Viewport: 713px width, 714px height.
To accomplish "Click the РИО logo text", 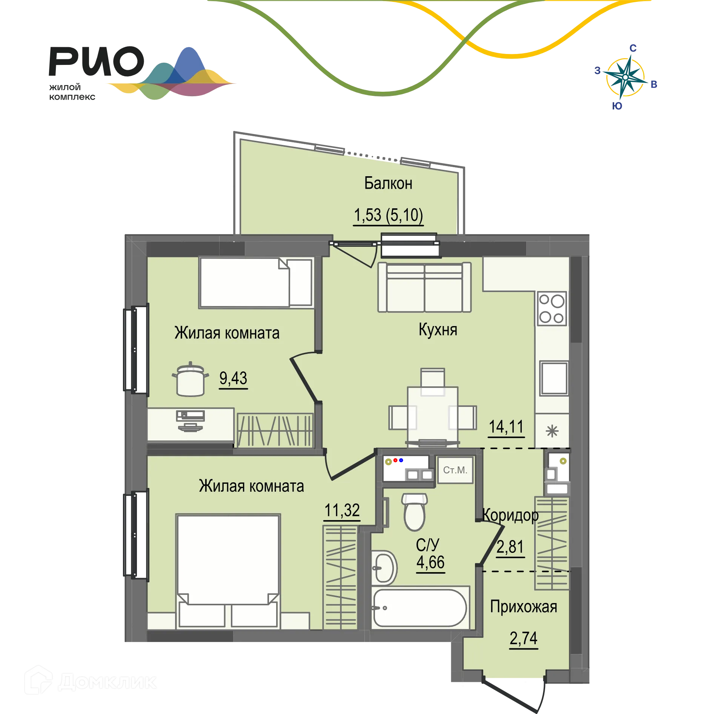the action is pyautogui.click(x=96, y=62).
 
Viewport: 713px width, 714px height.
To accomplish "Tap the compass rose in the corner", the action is pyautogui.click(x=625, y=77).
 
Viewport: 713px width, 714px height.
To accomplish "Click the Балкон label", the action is pyautogui.click(x=388, y=183).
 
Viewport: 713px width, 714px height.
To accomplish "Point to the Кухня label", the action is pyautogui.click(x=438, y=330).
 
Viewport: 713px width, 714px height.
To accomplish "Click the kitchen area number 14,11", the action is pyautogui.click(x=506, y=427).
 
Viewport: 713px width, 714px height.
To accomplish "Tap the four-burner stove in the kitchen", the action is pyautogui.click(x=552, y=309).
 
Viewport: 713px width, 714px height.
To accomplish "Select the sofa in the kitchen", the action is pyautogui.click(x=425, y=287).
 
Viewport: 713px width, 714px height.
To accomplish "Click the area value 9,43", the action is pyautogui.click(x=233, y=378).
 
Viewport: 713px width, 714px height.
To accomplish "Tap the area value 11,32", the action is pyautogui.click(x=342, y=511).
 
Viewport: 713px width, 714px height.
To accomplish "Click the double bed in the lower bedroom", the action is pyautogui.click(x=228, y=571).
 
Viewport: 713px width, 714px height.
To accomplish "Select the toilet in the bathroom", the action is pyautogui.click(x=414, y=512).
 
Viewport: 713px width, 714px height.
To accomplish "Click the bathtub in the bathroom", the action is pyautogui.click(x=420, y=608).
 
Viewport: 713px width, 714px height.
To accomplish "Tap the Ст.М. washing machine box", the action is pyautogui.click(x=455, y=470).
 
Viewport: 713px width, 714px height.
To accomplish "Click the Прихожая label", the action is pyautogui.click(x=524, y=607).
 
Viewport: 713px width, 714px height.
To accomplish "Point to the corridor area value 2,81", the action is pyautogui.click(x=510, y=547).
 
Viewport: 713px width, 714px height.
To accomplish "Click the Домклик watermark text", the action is pyautogui.click(x=108, y=682).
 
